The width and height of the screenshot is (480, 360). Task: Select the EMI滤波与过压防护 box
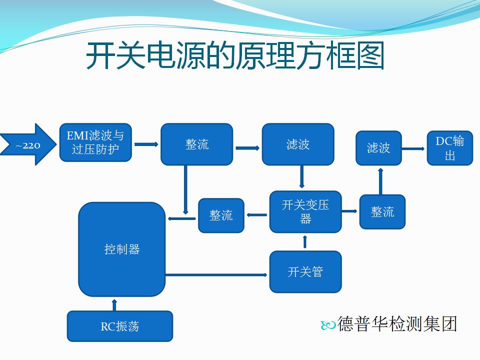point(95,142)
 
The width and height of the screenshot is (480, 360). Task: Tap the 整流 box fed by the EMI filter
point(197,144)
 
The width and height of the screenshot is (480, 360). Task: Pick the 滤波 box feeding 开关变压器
point(298,144)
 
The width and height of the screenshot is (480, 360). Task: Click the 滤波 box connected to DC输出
point(378,148)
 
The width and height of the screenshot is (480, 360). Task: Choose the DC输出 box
point(450,148)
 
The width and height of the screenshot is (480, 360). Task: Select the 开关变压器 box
point(305,212)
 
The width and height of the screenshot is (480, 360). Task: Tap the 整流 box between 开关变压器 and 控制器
point(221,215)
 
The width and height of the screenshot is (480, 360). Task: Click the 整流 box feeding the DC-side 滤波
point(382,212)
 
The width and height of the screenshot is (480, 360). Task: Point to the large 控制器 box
point(122,249)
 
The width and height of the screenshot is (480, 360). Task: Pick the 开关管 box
point(305,272)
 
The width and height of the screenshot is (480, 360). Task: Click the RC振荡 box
point(120,326)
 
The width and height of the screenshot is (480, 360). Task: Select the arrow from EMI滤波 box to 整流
point(146,144)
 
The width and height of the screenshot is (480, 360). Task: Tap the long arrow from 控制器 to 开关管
point(216,275)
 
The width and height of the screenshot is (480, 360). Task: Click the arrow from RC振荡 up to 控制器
point(114,305)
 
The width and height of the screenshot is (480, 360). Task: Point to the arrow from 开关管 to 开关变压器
point(304,242)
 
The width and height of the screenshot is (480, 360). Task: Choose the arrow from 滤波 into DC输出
point(413,149)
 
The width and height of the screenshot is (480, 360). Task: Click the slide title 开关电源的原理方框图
point(235,55)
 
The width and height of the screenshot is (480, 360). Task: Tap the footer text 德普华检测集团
point(397,324)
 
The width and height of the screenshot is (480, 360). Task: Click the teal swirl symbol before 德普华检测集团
point(328,325)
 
